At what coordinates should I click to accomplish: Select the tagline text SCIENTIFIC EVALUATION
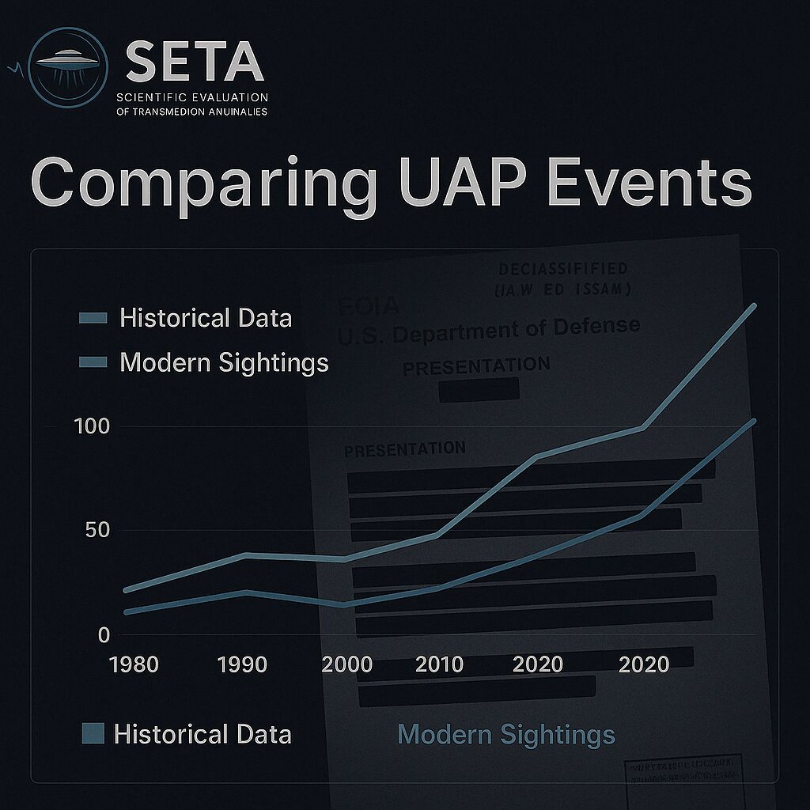(192, 97)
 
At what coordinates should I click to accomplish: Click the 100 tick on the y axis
(91, 426)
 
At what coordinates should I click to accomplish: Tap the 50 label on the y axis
(97, 530)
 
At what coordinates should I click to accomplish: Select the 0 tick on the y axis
(104, 634)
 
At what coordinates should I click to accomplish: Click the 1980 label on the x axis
(134, 663)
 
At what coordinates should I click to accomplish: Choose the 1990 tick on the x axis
(243, 663)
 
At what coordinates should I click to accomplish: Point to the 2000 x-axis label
(346, 663)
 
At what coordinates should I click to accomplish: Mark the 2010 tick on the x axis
(439, 663)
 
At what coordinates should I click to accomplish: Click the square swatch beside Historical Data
(93, 733)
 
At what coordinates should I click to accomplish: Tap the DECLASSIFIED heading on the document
(563, 270)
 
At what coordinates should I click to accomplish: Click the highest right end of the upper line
(754, 305)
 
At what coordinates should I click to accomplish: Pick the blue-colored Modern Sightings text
(506, 734)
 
